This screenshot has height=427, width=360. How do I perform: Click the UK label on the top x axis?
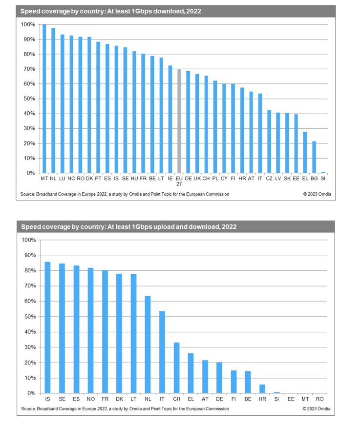pyautogui.click(x=197, y=179)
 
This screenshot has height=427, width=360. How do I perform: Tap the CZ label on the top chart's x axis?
pyautogui.click(x=269, y=179)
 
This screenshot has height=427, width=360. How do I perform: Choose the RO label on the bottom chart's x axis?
pyautogui.click(x=320, y=399)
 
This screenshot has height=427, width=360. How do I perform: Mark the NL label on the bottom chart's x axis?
pyautogui.click(x=148, y=399)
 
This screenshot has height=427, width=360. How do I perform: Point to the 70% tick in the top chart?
pyautogui.click(x=28, y=69)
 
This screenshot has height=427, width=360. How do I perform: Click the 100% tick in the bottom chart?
pyautogui.click(x=28, y=240)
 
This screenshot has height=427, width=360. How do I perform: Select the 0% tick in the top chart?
pyautogui.click(x=30, y=173)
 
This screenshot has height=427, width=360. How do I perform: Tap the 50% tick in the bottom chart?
pyautogui.click(x=30, y=317)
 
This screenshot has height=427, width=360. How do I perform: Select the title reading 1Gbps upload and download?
pyautogui.click(x=128, y=227)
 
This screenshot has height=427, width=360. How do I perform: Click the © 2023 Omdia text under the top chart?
pyautogui.click(x=317, y=194)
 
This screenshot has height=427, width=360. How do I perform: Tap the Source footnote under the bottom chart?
pyautogui.click(x=125, y=408)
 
